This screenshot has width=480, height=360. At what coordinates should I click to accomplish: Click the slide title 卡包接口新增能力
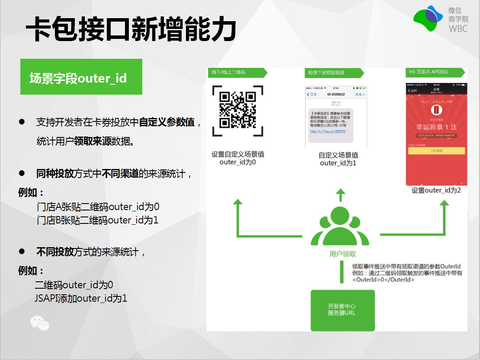click(131, 29)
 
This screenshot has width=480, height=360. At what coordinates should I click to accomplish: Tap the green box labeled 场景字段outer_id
click(81, 77)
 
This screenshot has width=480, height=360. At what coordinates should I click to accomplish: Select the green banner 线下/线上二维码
click(234, 72)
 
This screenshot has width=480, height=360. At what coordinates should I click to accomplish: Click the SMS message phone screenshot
click(336, 117)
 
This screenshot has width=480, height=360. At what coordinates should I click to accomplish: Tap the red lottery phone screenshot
click(436, 134)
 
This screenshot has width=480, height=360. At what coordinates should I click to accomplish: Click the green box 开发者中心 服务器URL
click(342, 309)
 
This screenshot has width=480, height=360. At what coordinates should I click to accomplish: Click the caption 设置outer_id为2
click(436, 190)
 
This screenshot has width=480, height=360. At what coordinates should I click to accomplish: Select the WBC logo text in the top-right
click(458, 29)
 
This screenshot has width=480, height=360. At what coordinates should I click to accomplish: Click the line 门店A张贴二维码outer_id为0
click(98, 207)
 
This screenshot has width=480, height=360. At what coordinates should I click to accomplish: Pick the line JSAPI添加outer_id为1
click(81, 298)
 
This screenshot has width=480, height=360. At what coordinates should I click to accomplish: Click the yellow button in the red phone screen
click(436, 151)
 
